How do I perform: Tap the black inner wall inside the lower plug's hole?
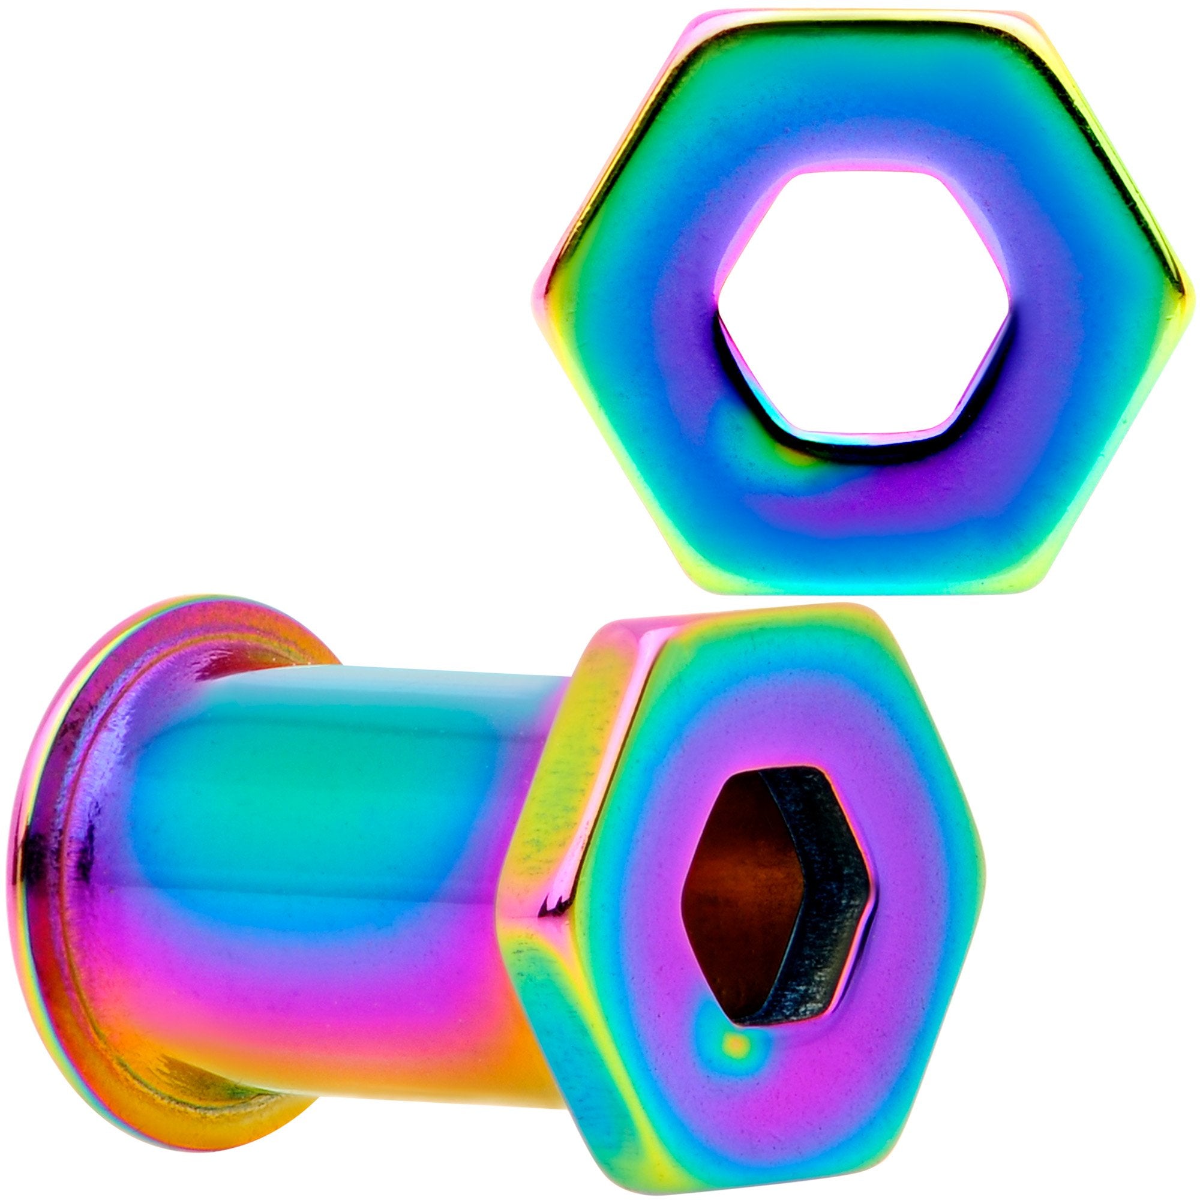click(820, 882)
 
